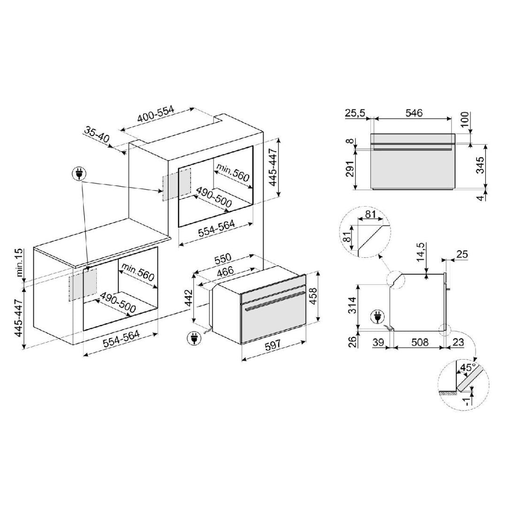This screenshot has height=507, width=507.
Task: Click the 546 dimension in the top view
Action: coord(414,113)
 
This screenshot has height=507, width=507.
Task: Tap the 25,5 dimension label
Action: coord(355,113)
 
